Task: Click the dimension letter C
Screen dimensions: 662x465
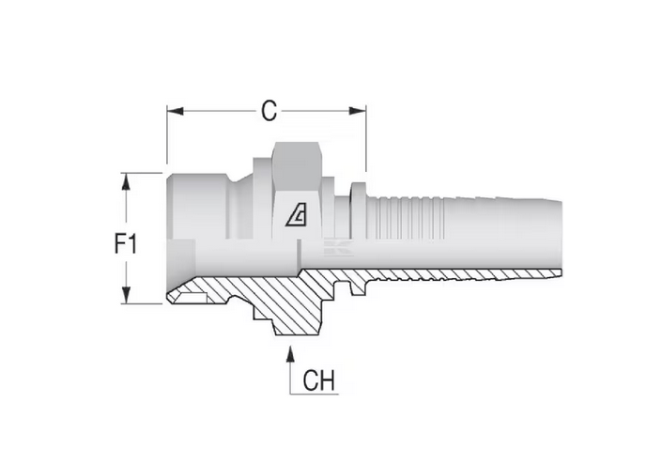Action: (x=269, y=111)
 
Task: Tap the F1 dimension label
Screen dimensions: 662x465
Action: (x=126, y=244)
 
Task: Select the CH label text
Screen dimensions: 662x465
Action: (x=318, y=380)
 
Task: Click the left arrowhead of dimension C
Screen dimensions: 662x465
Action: (x=175, y=111)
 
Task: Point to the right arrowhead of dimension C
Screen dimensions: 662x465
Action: (x=358, y=111)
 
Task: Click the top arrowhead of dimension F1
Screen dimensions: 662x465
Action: (x=126, y=181)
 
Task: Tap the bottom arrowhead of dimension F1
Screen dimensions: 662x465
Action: (x=126, y=295)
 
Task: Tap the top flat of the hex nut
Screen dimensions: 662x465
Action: (x=296, y=143)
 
